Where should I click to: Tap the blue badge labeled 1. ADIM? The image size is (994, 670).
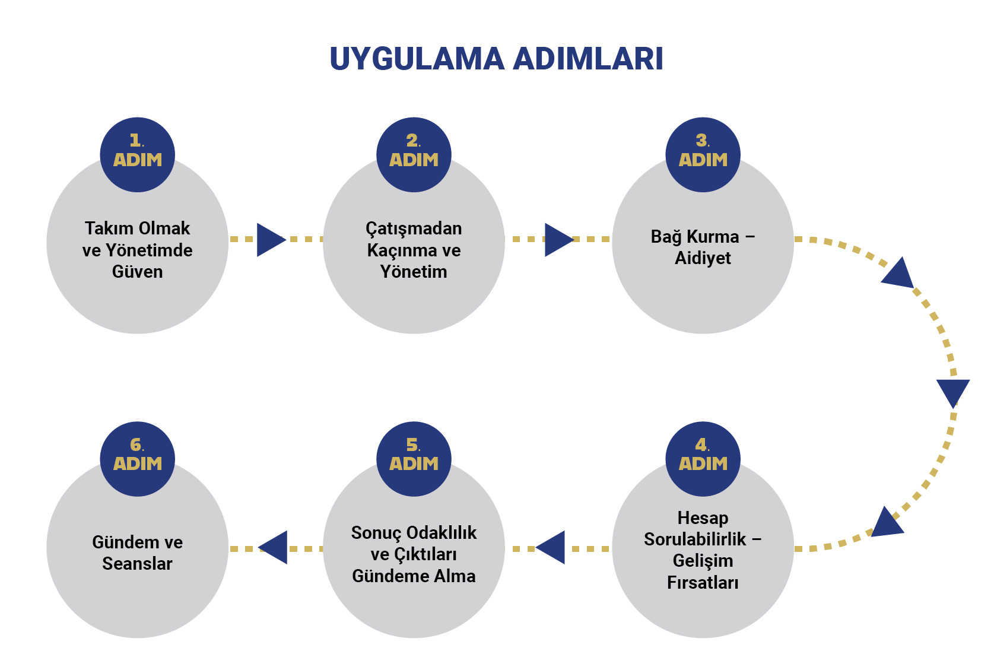click(137, 154)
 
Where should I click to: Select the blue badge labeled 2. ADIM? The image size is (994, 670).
click(414, 154)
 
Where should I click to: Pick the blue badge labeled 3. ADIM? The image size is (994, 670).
click(703, 154)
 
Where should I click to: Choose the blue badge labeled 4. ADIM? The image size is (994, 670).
click(703, 459)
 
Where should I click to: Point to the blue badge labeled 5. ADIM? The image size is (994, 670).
click(414, 459)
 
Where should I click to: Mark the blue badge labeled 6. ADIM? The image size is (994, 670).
click(137, 459)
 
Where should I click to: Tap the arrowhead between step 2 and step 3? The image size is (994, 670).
click(557, 240)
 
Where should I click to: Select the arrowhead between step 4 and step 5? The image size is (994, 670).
click(552, 548)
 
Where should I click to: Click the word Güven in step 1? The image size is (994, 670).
click(137, 272)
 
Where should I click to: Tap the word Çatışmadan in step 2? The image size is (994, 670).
click(414, 228)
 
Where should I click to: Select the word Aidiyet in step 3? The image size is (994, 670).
click(703, 258)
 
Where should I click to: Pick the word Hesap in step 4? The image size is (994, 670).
click(703, 518)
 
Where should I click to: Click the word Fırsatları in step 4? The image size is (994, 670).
click(703, 583)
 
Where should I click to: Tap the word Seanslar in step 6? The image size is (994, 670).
click(137, 564)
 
